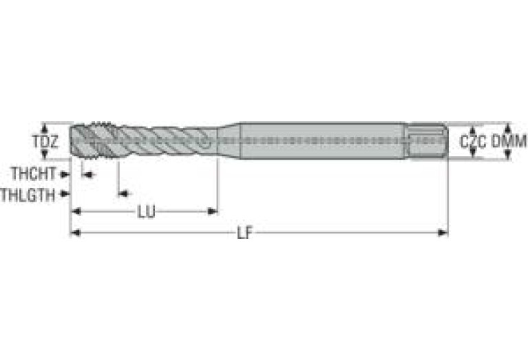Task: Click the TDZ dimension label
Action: click(45, 142)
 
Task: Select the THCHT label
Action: click(33, 173)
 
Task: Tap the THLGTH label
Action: click(28, 195)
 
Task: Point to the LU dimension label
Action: click(147, 212)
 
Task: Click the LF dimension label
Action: click(245, 233)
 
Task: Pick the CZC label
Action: click(473, 142)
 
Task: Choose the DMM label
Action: click(509, 141)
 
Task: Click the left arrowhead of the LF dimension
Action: click(76, 233)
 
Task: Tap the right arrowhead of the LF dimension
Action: click(442, 233)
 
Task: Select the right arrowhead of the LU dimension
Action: click(212, 211)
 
